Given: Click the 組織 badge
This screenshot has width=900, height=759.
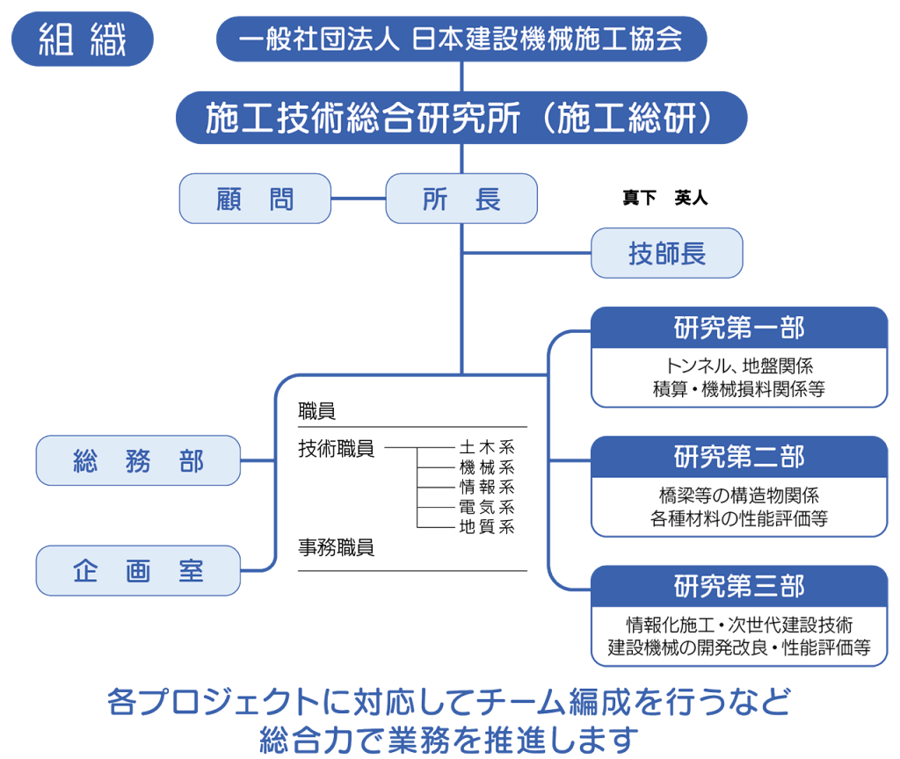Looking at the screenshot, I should click(83, 39).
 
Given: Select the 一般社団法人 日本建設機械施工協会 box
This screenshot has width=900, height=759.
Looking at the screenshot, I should click(461, 39).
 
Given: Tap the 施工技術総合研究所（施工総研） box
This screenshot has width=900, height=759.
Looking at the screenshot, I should click(461, 119).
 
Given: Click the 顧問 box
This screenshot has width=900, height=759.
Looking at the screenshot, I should click(255, 199).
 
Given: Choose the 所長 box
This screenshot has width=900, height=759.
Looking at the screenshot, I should click(461, 199).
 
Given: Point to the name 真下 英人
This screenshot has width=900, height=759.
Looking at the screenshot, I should click(664, 199).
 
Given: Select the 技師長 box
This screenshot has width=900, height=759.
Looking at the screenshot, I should click(667, 253).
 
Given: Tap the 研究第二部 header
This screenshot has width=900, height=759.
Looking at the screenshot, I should click(739, 457).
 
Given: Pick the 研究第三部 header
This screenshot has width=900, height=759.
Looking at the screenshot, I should click(739, 586).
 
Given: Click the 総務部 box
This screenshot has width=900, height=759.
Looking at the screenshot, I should click(138, 460).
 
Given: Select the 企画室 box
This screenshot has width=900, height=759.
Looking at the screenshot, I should click(138, 571).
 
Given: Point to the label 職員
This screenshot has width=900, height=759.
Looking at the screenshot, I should click(317, 410).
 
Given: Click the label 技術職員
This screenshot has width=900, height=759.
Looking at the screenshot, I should click(337, 449).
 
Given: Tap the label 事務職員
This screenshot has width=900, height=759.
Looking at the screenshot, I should click(337, 548).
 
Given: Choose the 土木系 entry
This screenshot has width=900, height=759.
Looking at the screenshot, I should click(486, 448).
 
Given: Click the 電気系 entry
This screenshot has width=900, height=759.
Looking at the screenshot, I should click(486, 507).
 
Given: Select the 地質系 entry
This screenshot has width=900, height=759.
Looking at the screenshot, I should click(486, 526).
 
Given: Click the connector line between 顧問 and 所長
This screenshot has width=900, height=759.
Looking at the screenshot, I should click(359, 199).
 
